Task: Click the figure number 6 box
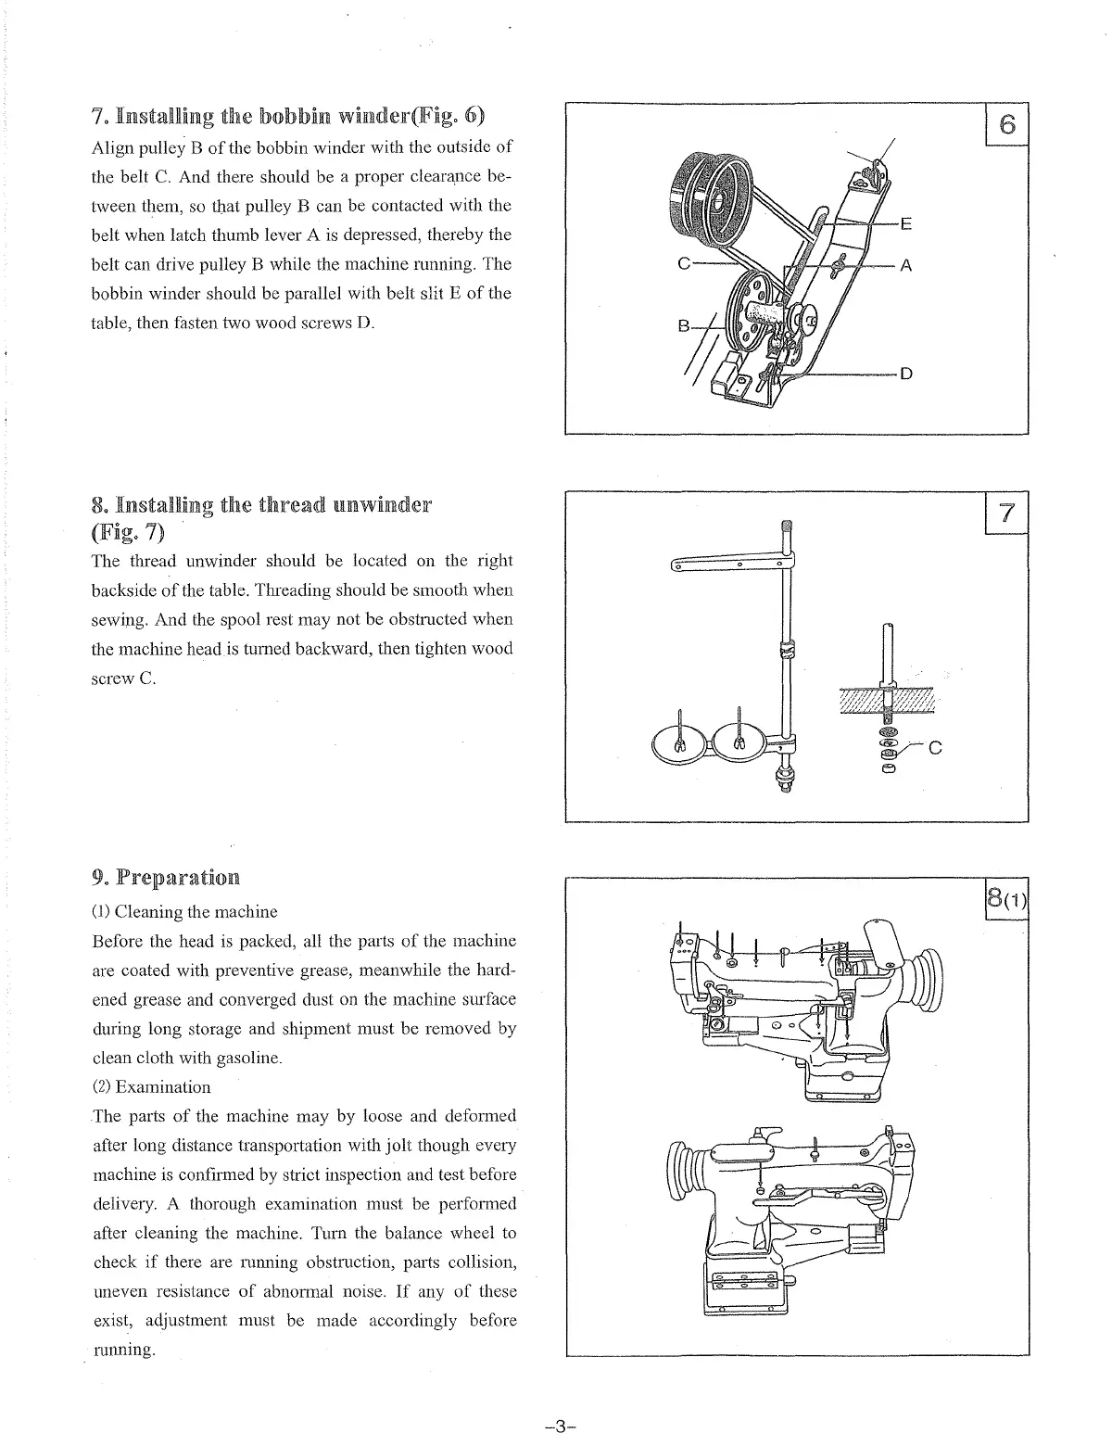pos(1007,124)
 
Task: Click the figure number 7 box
pos(1007,513)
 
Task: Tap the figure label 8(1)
pos(1006,900)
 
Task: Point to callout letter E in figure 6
pos(905,223)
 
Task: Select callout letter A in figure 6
pos(905,266)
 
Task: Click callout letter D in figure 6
pos(905,374)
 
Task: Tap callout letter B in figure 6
pos(684,325)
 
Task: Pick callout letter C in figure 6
pos(684,263)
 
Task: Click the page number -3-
pos(562,1426)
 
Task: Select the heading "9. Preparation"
pos(166,877)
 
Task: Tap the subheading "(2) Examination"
pos(151,1086)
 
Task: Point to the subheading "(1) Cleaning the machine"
pos(184,911)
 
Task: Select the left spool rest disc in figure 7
pos(680,742)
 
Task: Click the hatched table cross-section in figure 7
pos(886,700)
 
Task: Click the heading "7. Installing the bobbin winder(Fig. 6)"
pos(288,117)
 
